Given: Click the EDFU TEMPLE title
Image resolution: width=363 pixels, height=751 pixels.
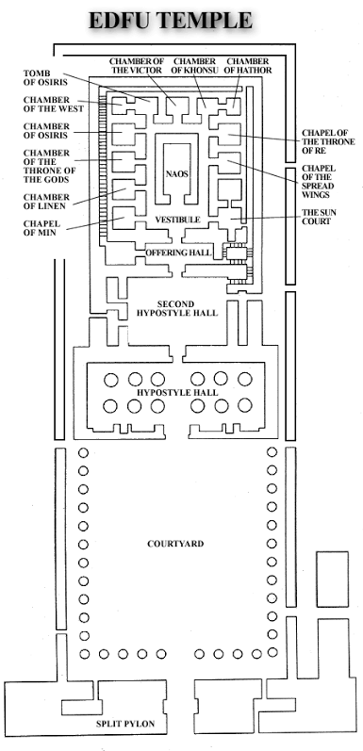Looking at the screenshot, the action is pyautogui.click(x=171, y=21).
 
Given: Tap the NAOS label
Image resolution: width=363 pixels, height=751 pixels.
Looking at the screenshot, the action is pyautogui.click(x=177, y=174).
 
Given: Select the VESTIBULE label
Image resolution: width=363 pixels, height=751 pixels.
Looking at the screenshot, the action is pyautogui.click(x=177, y=220).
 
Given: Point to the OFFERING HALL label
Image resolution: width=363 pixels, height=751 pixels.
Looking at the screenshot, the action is pyautogui.click(x=178, y=253).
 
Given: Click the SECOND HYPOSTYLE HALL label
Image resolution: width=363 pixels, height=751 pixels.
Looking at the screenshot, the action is pyautogui.click(x=177, y=308).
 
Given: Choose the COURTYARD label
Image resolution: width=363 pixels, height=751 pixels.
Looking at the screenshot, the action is pyautogui.click(x=175, y=544).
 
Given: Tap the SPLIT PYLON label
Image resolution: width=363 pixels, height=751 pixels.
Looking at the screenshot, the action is pyautogui.click(x=125, y=724).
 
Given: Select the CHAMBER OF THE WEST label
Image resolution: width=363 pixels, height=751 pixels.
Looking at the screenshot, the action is pyautogui.click(x=53, y=105).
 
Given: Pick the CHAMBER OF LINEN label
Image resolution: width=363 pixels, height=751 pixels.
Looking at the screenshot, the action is pyautogui.click(x=46, y=201).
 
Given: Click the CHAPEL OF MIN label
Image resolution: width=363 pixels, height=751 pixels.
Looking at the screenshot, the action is pyautogui.click(x=41, y=228).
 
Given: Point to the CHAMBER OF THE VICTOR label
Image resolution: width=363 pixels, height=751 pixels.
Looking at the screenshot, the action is pyautogui.click(x=137, y=66).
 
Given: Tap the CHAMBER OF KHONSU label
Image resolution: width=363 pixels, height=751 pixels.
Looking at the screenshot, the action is pyautogui.click(x=194, y=66).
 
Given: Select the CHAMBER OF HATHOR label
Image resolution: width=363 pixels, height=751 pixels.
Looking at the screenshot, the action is pyautogui.click(x=247, y=66).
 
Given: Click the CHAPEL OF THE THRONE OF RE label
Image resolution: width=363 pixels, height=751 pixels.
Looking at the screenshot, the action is pyautogui.click(x=328, y=141).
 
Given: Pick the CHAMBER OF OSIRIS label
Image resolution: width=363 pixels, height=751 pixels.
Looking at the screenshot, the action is pyautogui.click(x=46, y=131).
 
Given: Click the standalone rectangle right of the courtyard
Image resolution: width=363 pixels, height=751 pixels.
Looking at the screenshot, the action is pyautogui.click(x=332, y=579).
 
